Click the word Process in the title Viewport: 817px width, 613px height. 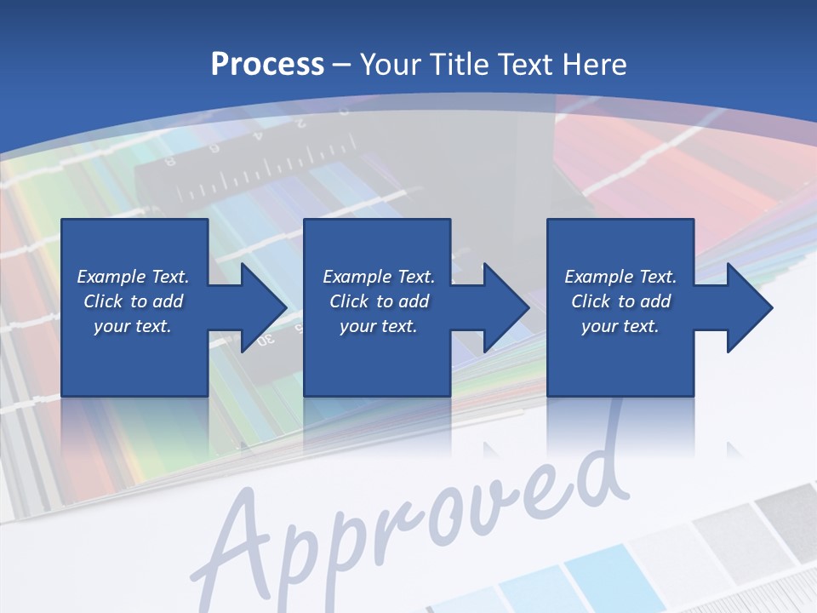pos(267,65)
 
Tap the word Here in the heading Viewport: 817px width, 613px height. pos(594,65)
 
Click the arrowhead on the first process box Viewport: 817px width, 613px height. pos(264,307)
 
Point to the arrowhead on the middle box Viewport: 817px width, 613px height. pos(506,307)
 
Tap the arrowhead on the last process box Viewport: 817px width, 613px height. pos(750,307)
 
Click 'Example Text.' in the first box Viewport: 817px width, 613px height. pos(133,277)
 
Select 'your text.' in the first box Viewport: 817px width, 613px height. pos(133,326)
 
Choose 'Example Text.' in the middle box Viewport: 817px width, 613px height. pos(379,277)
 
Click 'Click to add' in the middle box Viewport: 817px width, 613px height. pos(379,301)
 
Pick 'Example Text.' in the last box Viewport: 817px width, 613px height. pos(620,277)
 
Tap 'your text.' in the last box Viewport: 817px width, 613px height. pos(620,326)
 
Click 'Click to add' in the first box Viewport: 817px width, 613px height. pos(133,301)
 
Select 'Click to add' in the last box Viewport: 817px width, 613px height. pos(620,301)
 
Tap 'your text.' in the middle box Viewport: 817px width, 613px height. pos(379,326)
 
